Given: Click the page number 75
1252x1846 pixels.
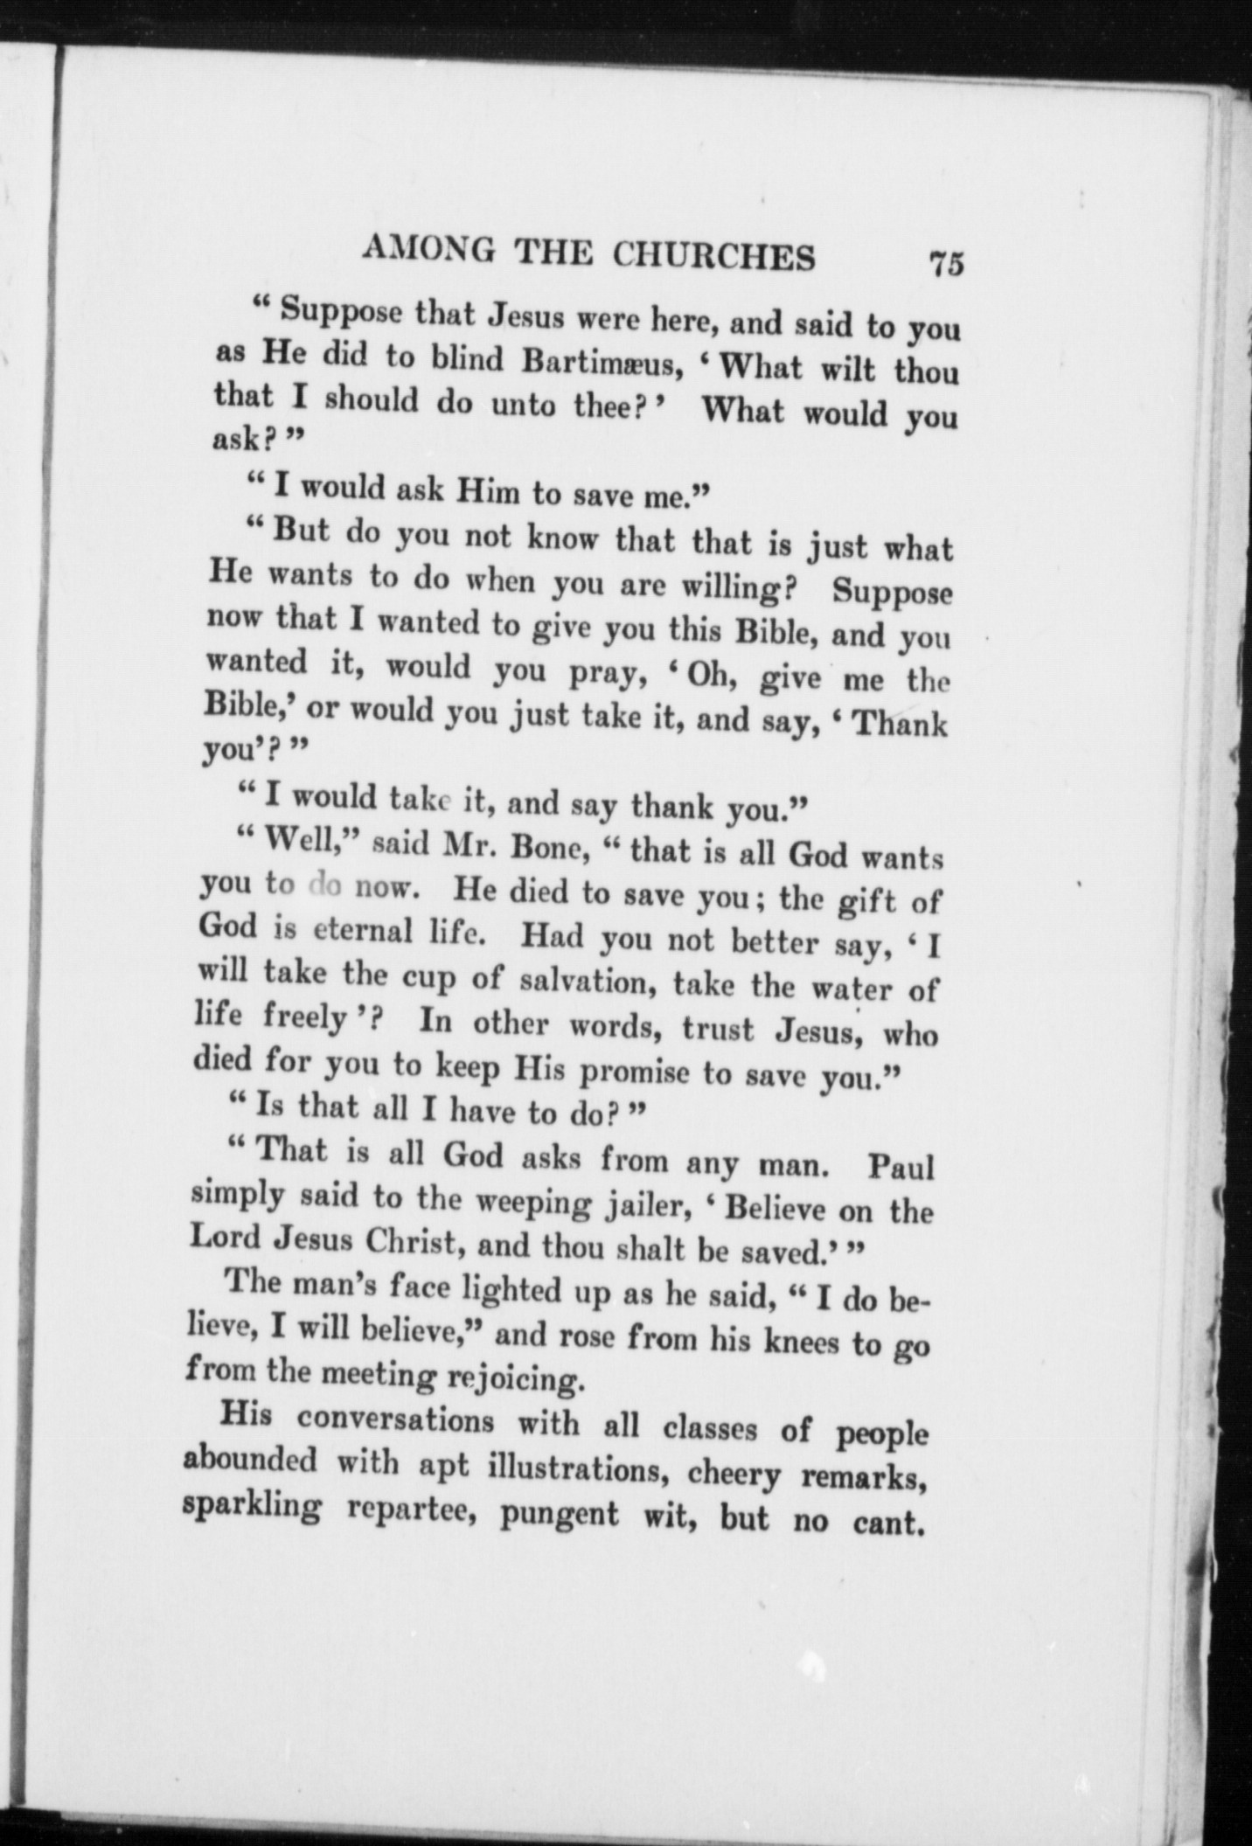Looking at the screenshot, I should [947, 263].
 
